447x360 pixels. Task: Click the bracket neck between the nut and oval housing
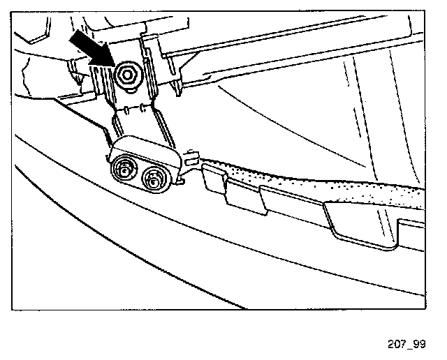pyautogui.click(x=140, y=126)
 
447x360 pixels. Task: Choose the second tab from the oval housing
pyautogui.click(x=244, y=198)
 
